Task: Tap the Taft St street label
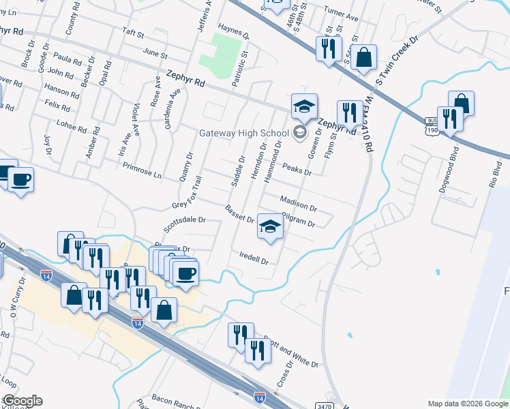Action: [x=134, y=33]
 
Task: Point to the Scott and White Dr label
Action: [x=292, y=354]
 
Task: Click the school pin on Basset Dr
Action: [x=270, y=228]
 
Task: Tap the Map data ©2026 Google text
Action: [x=467, y=404]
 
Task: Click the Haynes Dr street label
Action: [x=230, y=29]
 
